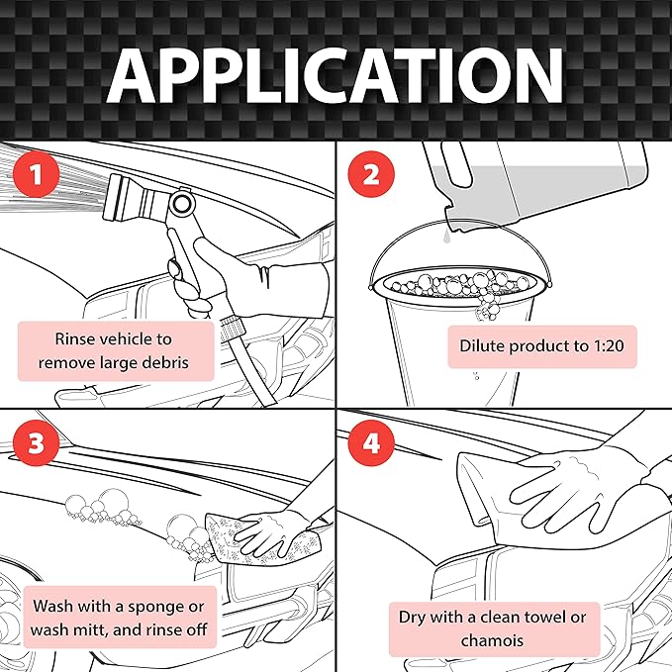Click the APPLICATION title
click(x=336, y=73)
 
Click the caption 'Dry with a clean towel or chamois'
click(x=492, y=628)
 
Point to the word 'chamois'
click(x=492, y=640)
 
